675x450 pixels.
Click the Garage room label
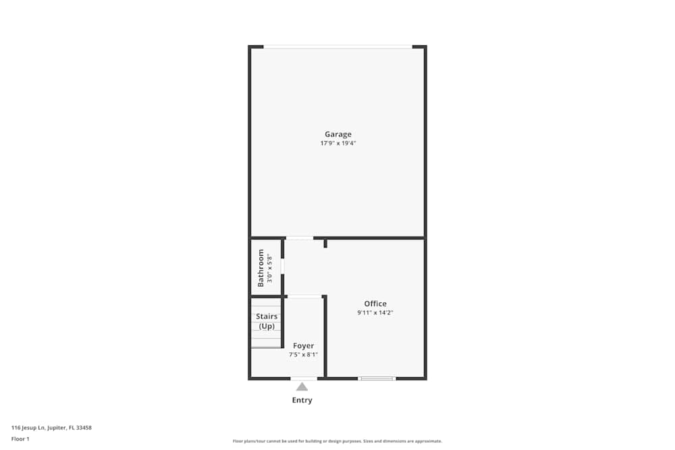[337, 134]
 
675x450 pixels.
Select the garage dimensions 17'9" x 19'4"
[337, 144]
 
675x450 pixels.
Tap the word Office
[375, 304]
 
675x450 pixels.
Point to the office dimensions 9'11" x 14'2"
[375, 313]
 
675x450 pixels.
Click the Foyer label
[303, 346]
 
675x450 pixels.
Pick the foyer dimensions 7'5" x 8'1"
[303, 355]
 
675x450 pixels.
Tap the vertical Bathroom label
[261, 268]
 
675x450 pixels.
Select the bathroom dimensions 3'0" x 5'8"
[269, 268]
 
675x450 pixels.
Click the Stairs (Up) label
[267, 321]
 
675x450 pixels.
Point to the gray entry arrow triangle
[302, 387]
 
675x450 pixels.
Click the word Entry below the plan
[302, 400]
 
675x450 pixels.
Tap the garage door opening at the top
[337, 47]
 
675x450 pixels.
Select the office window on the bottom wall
[377, 378]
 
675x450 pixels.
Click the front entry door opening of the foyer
[304, 378]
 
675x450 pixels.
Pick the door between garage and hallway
[299, 238]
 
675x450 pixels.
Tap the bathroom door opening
[283, 266]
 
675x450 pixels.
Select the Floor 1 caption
[20, 439]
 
